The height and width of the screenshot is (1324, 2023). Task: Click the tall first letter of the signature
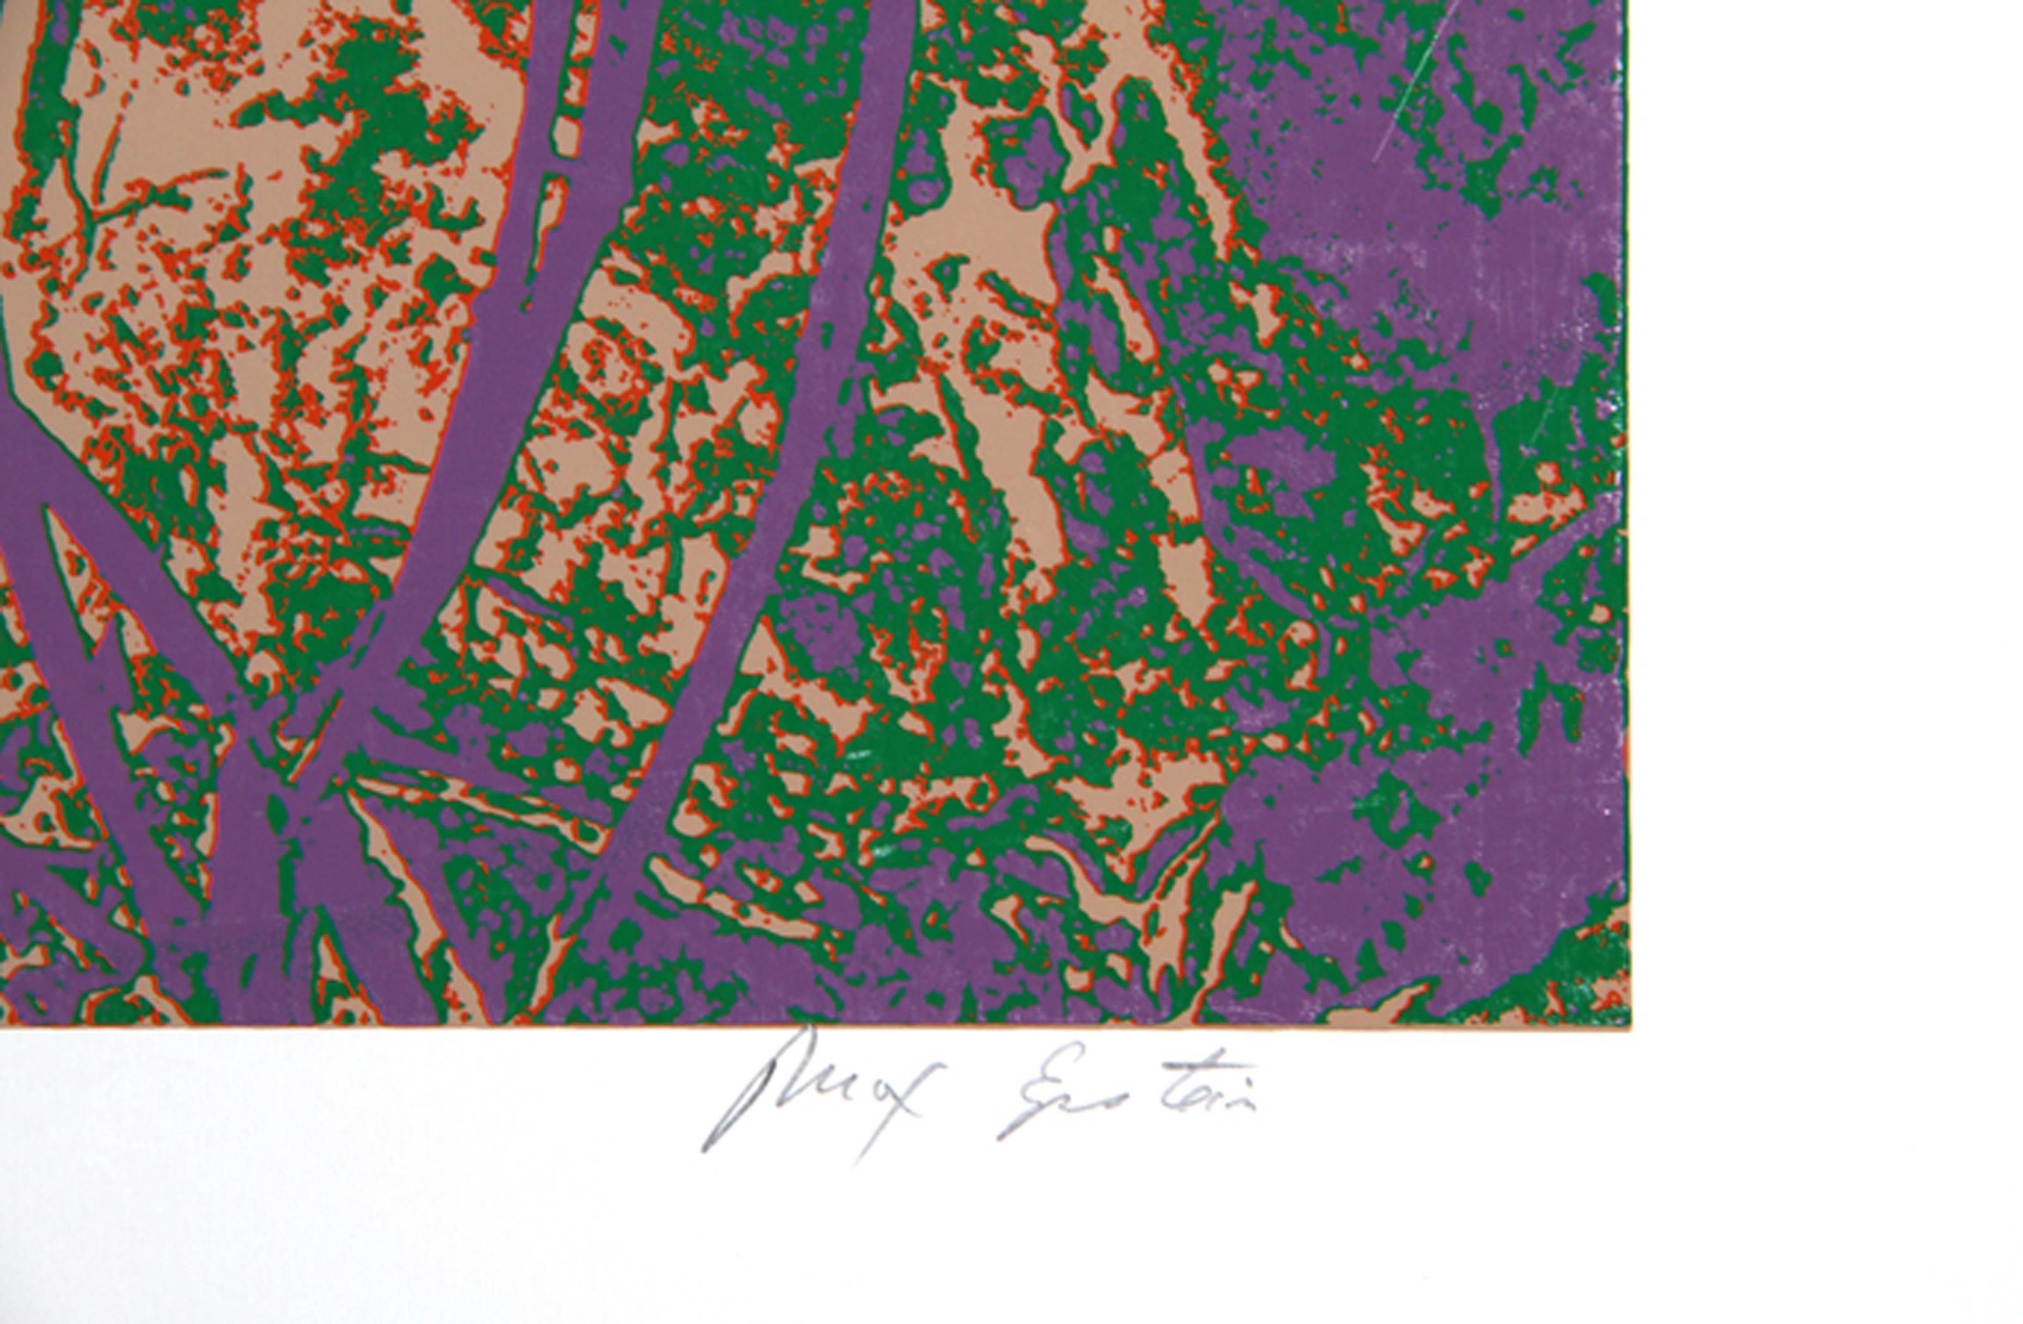[x=748, y=1097]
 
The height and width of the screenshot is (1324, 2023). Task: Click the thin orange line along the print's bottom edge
[x=850, y=1027]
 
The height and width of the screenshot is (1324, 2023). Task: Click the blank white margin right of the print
[x=1828, y=510]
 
